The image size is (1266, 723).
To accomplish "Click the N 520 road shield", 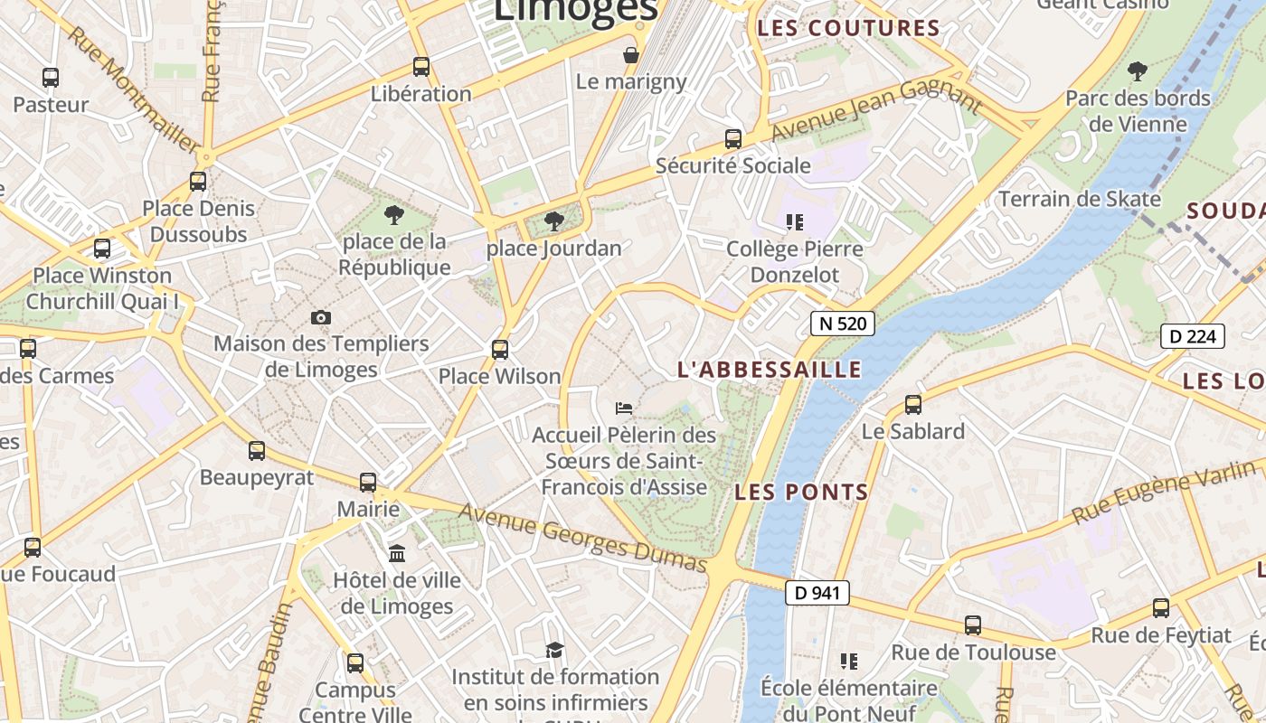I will [x=842, y=324].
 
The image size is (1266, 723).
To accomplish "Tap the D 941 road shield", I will [x=817, y=593].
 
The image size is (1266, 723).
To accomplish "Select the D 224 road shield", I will [x=1193, y=336].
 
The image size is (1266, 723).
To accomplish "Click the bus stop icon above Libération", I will [x=421, y=66].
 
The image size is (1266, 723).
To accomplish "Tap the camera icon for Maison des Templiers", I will [x=321, y=317].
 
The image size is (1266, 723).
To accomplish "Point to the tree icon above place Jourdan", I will [x=553, y=221].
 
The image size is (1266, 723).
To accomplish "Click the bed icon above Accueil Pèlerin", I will [x=624, y=408].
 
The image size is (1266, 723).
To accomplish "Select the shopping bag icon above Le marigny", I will [x=631, y=55].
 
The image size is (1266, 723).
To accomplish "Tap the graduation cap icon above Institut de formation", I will [x=554, y=650].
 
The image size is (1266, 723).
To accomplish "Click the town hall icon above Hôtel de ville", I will [x=397, y=553].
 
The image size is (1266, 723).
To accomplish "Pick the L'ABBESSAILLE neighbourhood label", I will [x=770, y=370].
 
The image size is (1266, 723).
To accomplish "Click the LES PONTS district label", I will [x=801, y=493].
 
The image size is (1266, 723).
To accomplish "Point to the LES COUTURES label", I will [x=848, y=28].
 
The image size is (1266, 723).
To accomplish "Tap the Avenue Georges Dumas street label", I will [x=582, y=538].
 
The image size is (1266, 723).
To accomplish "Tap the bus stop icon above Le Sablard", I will [x=913, y=404].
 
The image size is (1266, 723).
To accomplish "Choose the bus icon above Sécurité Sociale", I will [x=733, y=139].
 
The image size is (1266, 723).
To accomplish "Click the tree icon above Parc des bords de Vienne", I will [x=1138, y=70].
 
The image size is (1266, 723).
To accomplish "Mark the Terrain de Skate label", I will [x=1079, y=199].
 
